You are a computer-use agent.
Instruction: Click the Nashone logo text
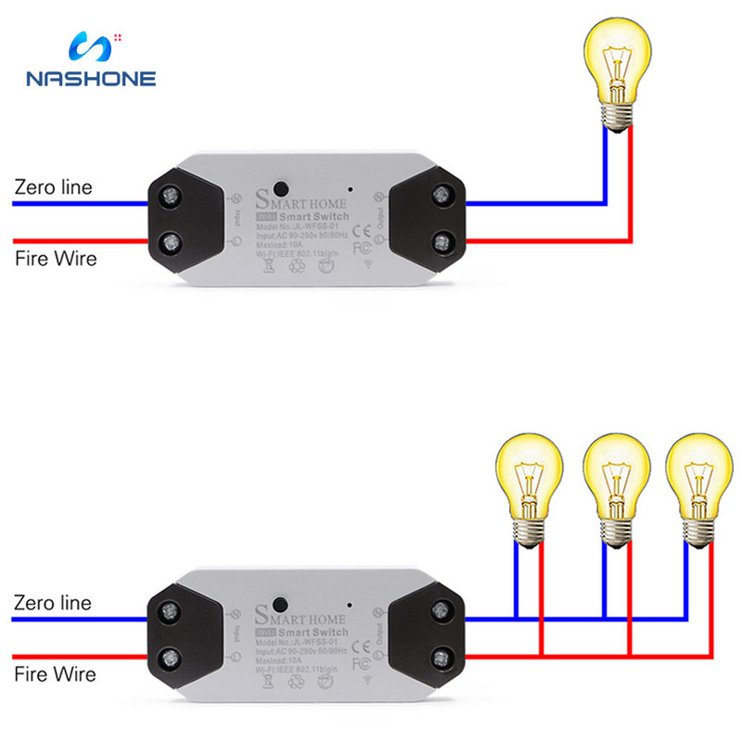91,79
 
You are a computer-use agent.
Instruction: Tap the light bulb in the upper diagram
617,70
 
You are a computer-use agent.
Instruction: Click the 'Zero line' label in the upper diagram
53,186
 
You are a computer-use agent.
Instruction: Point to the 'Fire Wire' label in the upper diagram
55,257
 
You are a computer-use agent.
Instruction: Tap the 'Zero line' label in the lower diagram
53,603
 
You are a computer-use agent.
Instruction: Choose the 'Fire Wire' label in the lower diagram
55,673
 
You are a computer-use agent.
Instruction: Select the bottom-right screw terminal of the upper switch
441,243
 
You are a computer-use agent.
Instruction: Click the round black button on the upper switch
277,185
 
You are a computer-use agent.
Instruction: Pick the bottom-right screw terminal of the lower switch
441,659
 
